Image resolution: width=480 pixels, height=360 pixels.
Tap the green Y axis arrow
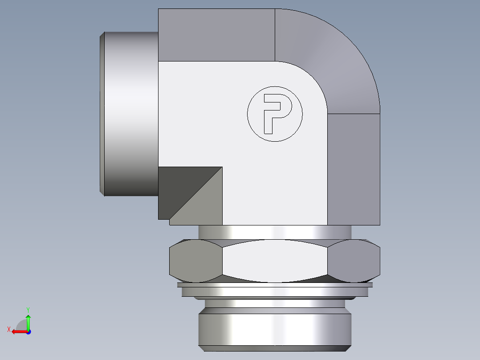[28, 321]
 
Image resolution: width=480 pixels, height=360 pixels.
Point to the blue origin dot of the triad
[28, 331]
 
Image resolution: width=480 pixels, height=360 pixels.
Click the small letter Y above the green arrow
[28, 309]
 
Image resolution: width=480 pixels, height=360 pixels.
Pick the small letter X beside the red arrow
[8, 329]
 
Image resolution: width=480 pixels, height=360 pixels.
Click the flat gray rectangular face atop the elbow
[216, 35]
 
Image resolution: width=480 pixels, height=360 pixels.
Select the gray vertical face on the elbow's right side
[354, 169]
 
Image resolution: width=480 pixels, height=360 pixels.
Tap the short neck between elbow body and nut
[275, 232]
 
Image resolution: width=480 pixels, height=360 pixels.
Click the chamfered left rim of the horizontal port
[102, 114]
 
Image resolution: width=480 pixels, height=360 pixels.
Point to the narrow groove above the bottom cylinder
[275, 304]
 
